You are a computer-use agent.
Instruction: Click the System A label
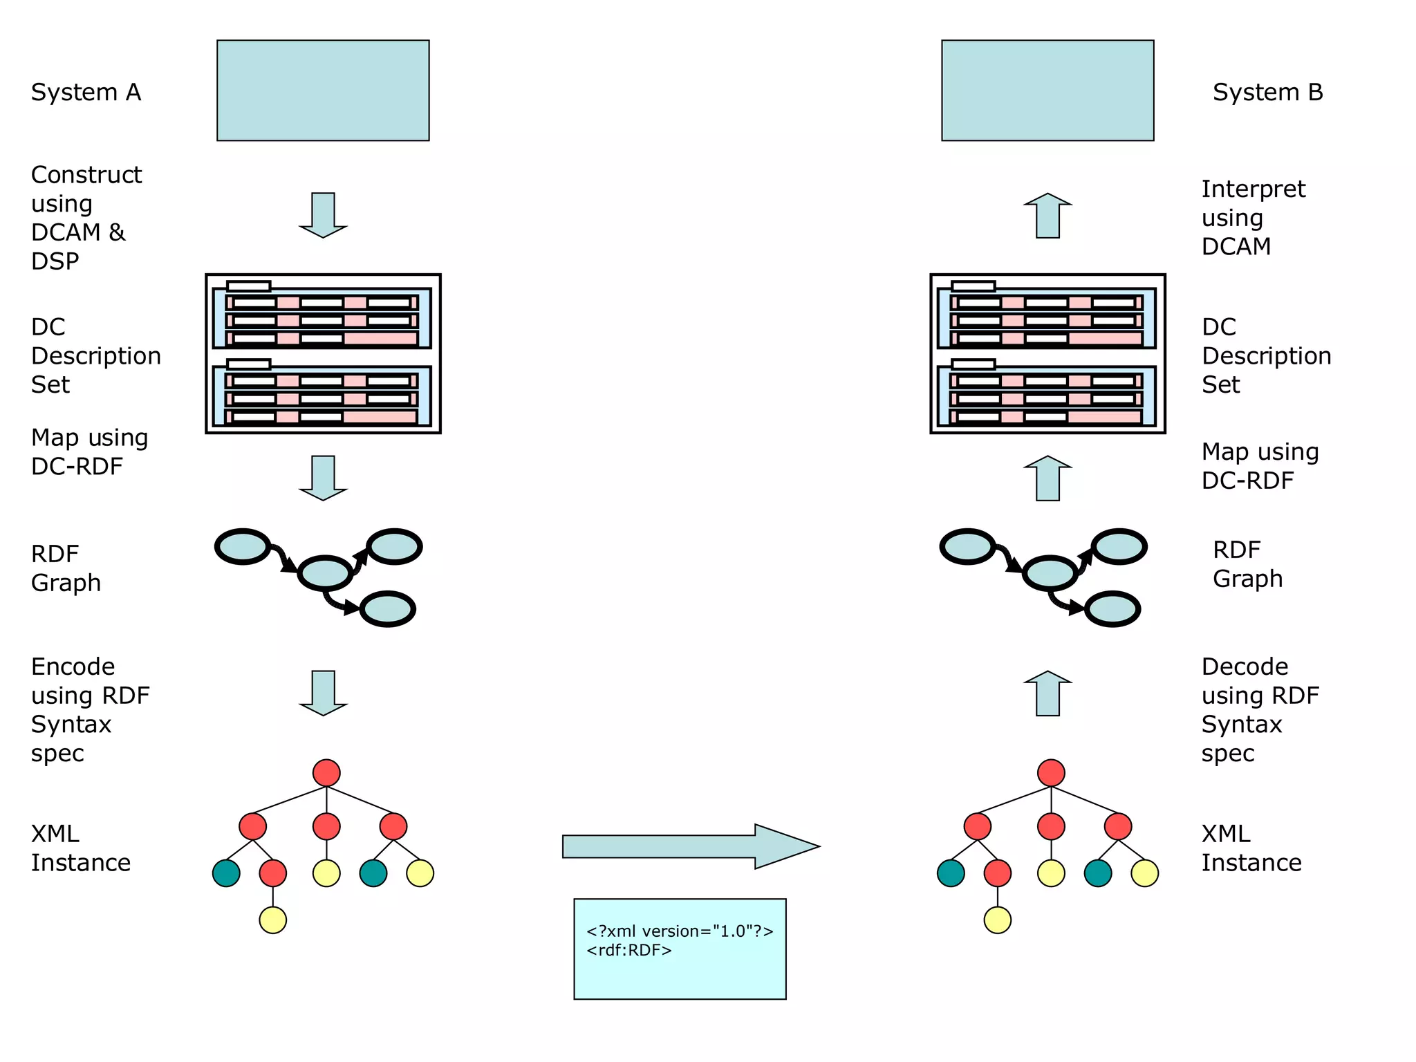click(x=86, y=92)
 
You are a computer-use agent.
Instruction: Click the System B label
click(x=1267, y=92)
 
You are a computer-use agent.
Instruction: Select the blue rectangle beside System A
click(x=323, y=91)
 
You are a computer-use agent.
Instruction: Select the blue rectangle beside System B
click(x=1047, y=91)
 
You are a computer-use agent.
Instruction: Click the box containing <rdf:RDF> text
click(x=680, y=949)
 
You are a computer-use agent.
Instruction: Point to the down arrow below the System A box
click(x=323, y=215)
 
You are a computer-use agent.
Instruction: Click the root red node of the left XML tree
click(x=326, y=773)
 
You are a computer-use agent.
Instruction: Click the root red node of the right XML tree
click(x=1051, y=773)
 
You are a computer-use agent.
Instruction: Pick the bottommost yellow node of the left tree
click(x=272, y=920)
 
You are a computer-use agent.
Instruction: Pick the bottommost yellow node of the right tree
click(x=997, y=920)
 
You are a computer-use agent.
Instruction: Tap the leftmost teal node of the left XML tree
click(x=226, y=873)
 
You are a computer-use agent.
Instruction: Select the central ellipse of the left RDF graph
click(x=325, y=572)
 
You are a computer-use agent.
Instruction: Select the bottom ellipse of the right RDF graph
click(x=1112, y=609)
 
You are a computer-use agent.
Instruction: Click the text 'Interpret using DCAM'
click(x=1253, y=217)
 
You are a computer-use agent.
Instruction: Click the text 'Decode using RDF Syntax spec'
click(x=1260, y=709)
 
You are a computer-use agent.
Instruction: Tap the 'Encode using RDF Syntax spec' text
click(x=90, y=709)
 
